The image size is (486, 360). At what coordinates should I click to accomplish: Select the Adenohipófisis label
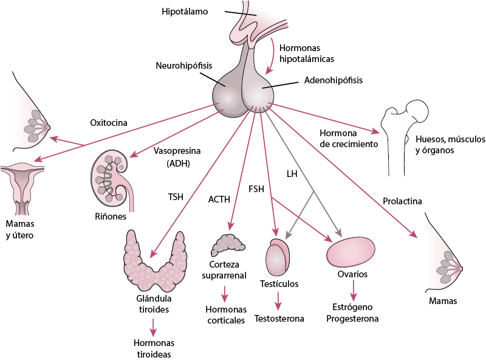point(333,80)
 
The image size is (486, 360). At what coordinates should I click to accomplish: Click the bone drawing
point(401,131)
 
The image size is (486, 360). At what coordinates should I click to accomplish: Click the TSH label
point(176,197)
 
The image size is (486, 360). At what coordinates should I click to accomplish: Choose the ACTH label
point(219,199)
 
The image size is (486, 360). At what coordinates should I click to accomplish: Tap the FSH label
point(256,189)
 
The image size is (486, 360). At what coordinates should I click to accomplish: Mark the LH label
point(292,174)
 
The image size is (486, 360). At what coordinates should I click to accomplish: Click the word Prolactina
point(402,201)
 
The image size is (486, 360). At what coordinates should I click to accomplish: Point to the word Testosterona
point(279,319)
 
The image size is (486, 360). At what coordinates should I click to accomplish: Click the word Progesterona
point(352,319)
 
